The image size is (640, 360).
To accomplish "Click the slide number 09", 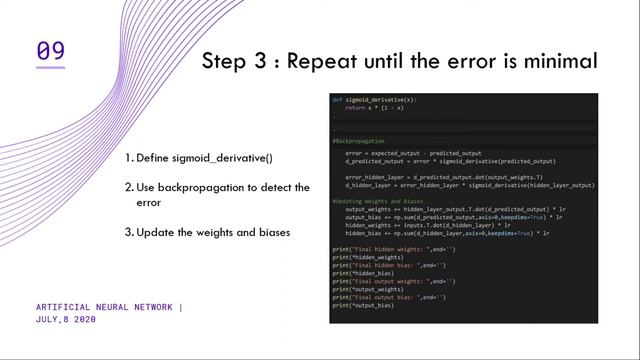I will [x=50, y=49].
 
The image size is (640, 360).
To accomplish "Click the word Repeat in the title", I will [x=319, y=61].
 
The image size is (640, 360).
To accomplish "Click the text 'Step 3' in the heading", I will [x=237, y=61].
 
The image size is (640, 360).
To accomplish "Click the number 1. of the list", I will [x=129, y=158].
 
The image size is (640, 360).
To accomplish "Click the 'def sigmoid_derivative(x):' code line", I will [x=372, y=100].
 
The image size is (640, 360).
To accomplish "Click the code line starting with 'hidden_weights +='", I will [x=440, y=225].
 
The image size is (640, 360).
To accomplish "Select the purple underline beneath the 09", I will [x=50, y=67].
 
